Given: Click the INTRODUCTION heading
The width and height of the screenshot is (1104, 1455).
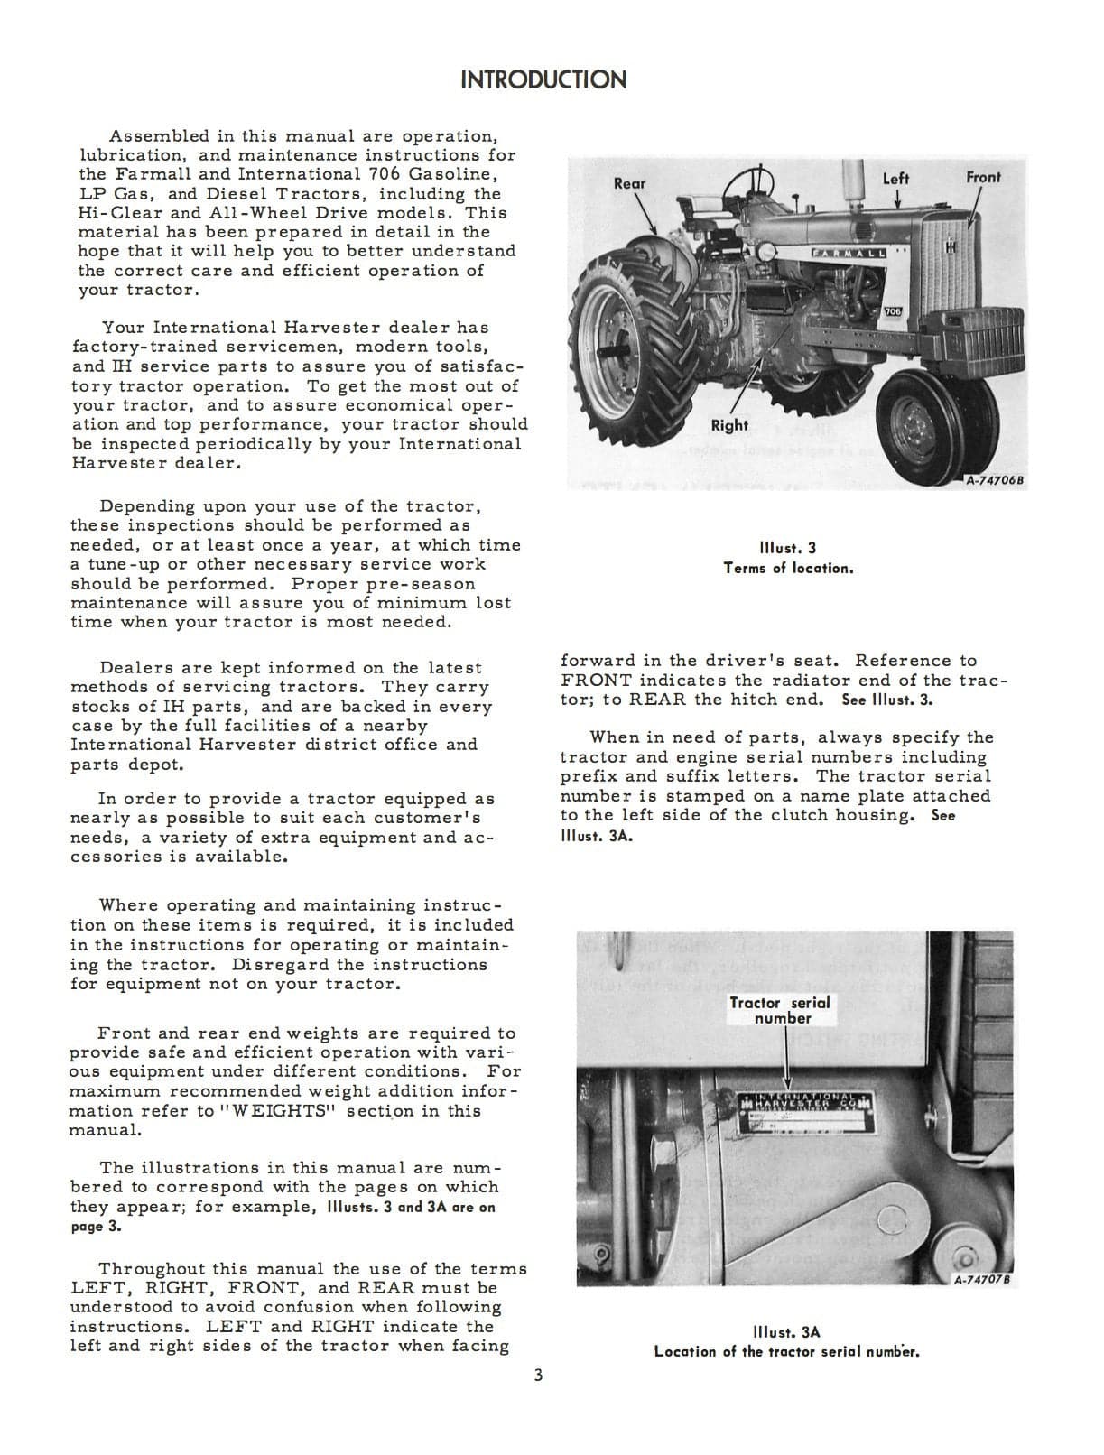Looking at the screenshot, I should point(543,79).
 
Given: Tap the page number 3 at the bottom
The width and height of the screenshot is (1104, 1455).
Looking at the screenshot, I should point(538,1376).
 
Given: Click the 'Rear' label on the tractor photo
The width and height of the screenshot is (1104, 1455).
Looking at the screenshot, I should point(629,183).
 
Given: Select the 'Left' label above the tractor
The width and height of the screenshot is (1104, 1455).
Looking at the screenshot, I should point(895,179).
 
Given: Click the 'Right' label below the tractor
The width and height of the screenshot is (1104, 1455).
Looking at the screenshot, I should point(728,425).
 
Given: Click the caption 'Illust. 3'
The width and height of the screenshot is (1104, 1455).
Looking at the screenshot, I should point(788,548).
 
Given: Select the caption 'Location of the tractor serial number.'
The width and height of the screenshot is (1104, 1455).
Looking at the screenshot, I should point(786,1351).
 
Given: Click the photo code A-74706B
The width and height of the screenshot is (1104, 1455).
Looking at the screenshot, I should point(995,481).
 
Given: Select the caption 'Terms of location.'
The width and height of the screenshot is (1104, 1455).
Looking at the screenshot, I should point(788,568).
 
